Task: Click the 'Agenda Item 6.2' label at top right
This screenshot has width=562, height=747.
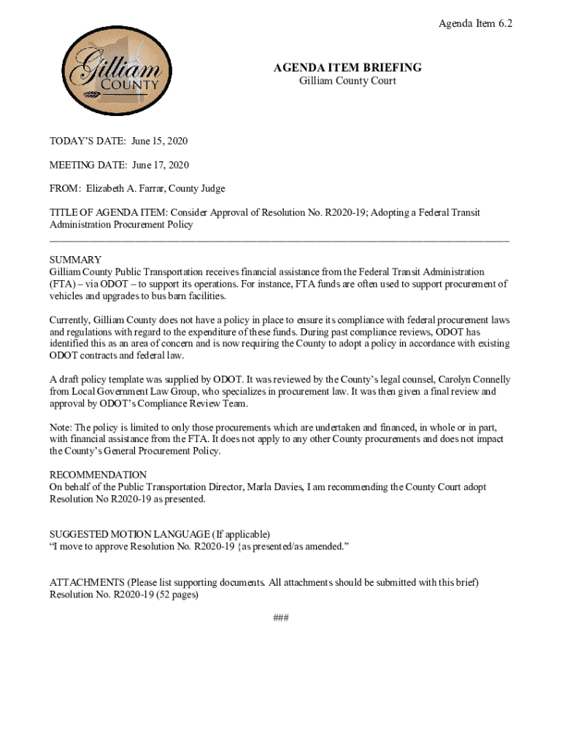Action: click(475, 24)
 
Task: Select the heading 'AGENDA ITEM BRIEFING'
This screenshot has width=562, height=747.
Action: click(347, 68)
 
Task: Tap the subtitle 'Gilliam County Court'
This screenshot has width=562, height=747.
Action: click(347, 81)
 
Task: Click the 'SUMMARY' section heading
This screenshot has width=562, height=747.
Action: click(75, 260)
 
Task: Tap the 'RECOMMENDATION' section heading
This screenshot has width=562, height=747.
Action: click(98, 475)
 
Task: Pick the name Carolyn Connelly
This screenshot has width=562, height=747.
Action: click(474, 380)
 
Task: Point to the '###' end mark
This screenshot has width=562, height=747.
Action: click(281, 618)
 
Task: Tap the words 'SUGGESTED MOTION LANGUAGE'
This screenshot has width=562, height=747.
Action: click(126, 535)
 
